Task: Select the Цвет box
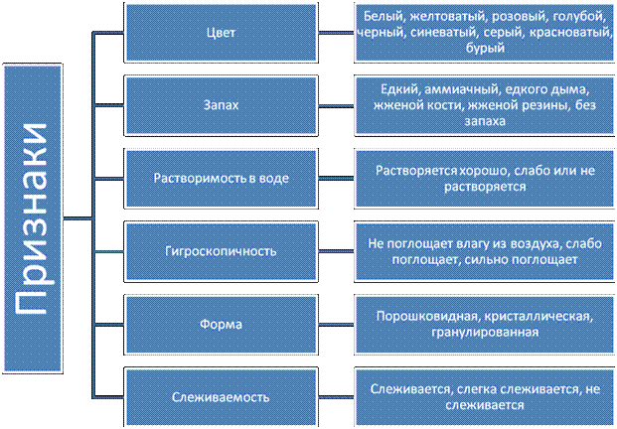click(221, 33)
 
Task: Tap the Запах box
click(221, 105)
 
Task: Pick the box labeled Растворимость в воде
click(221, 178)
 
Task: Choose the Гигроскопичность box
click(221, 251)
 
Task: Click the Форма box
click(221, 324)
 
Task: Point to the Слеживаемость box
click(221, 397)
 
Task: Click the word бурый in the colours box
click(485, 48)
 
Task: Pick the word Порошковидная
click(427, 317)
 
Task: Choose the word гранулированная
click(485, 333)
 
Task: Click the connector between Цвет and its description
click(336, 33)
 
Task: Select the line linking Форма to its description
click(336, 325)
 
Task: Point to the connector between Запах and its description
click(336, 106)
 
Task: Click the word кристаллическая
click(539, 317)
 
